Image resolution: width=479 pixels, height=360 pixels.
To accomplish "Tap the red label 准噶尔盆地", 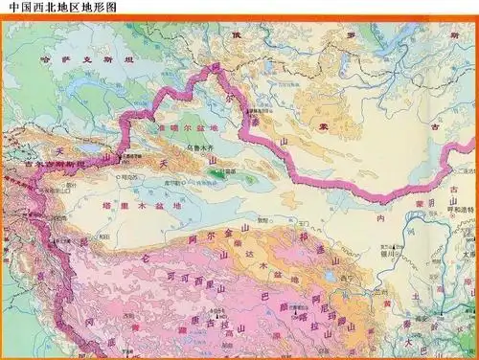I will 188,128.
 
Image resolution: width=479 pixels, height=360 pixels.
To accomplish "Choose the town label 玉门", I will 305,220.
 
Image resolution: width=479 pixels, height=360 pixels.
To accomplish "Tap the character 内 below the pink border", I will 380,216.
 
